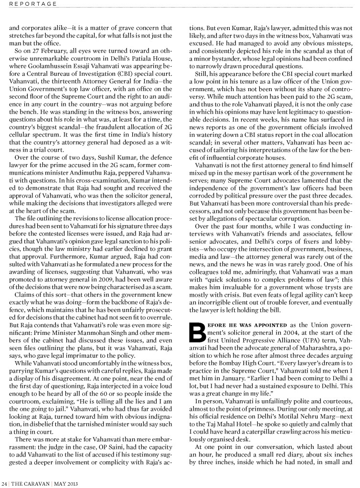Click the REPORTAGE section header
click(x=32, y=3)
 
